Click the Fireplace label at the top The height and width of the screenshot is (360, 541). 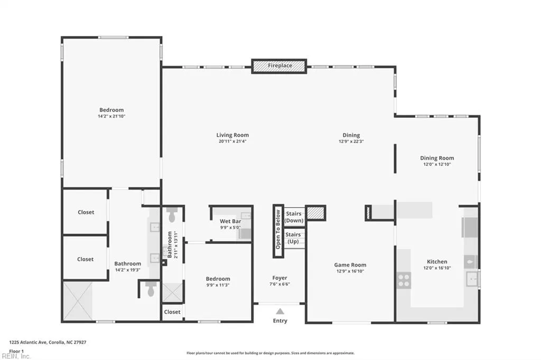coord(280,65)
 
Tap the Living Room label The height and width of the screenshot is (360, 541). coord(232,135)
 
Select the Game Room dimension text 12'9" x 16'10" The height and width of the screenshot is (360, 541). coord(350,271)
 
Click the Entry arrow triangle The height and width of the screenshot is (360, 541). coord(280,311)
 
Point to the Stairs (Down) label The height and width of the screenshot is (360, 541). coord(294,217)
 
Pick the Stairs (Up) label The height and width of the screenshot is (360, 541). coord(293,238)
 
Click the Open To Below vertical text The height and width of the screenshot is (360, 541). coord(278,230)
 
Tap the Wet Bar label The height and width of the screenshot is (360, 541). coord(230,221)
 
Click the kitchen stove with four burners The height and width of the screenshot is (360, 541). coord(404,280)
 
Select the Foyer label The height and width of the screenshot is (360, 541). coord(279,278)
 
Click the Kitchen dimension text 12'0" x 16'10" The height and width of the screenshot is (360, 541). coord(437,268)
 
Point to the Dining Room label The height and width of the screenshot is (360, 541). coord(437,158)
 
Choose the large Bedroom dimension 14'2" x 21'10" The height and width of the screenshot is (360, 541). coord(111,116)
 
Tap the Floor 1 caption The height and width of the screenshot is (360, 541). coord(16,352)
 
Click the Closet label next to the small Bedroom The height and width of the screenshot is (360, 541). coord(172,312)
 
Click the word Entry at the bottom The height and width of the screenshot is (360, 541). coord(280,321)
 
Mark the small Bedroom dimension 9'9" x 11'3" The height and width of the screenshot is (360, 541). coord(218,285)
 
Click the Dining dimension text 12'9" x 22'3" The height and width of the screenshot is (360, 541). coord(351,141)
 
